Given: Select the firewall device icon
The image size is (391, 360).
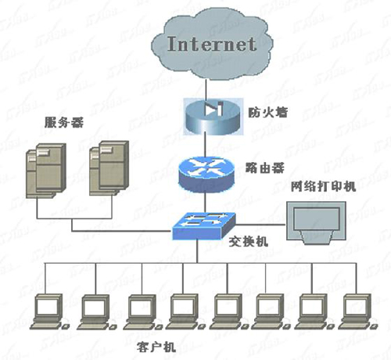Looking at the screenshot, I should point(205,113).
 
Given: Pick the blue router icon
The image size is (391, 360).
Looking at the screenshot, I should point(205,173).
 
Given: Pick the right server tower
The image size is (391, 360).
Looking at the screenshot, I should point(106,169).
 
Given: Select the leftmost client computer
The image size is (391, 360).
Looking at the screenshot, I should point(50,310).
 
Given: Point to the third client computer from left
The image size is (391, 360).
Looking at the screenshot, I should point(139,310).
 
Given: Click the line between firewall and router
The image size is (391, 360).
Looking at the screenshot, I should point(205,141).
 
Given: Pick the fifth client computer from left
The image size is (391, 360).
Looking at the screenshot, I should point(227,310).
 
